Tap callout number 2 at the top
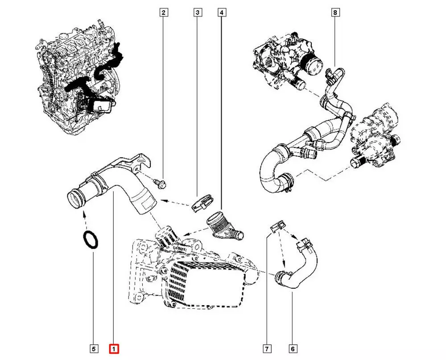click(164, 13)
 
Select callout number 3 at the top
click(197, 13)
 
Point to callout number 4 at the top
click(221, 13)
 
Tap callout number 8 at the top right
click(335, 13)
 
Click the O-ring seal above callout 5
click(91, 240)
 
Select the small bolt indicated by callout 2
click(161, 183)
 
